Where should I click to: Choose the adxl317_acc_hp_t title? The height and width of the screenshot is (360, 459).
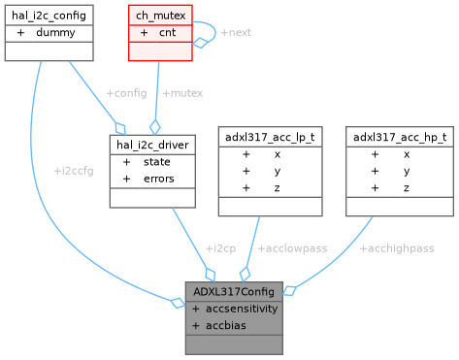[400, 137]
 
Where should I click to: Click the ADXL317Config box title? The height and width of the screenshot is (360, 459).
[235, 290]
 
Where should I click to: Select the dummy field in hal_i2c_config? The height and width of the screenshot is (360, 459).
[55, 32]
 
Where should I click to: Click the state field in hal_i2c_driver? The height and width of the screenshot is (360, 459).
[157, 162]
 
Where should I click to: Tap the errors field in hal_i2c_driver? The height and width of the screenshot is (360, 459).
[159, 179]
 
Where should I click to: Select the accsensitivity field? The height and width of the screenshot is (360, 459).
[241, 308]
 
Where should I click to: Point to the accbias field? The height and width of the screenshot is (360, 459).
[225, 324]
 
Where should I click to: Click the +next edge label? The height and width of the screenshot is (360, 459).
[236, 32]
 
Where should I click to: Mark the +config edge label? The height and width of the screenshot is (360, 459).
[124, 92]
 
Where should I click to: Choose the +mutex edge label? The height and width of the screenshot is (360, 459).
[182, 92]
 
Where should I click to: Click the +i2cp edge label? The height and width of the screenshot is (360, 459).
[220, 247]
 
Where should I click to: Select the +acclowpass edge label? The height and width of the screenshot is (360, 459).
[294, 247]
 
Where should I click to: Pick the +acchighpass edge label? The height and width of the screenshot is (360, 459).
[397, 247]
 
